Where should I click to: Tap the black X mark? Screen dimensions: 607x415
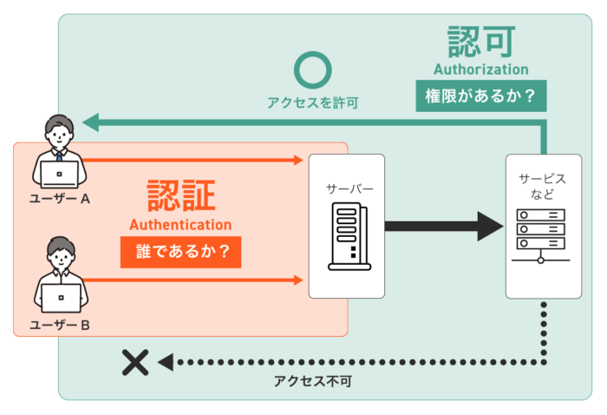click(x=135, y=362)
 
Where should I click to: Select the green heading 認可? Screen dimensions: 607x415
click(x=481, y=42)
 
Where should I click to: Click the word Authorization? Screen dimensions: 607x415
click(x=480, y=69)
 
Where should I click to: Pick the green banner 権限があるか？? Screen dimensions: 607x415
click(x=481, y=96)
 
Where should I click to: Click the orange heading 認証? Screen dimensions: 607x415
click(x=180, y=195)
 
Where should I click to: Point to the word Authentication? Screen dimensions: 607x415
click(x=180, y=225)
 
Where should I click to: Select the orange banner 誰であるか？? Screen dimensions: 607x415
click(x=180, y=252)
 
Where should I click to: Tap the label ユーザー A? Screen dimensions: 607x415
click(x=60, y=199)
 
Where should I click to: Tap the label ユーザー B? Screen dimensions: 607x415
click(x=60, y=325)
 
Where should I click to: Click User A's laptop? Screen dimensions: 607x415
click(x=60, y=175)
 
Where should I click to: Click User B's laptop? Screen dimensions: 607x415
click(x=62, y=298)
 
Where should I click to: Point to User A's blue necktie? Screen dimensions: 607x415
click(x=59, y=156)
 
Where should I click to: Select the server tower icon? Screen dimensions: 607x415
click(x=349, y=236)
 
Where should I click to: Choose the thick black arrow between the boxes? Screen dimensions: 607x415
click(x=444, y=227)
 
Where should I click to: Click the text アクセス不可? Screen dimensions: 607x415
click(x=313, y=381)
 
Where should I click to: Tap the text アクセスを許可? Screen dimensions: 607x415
click(x=313, y=102)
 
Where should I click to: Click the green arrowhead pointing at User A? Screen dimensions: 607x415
click(x=90, y=122)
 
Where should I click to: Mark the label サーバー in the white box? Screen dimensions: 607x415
click(x=349, y=188)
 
